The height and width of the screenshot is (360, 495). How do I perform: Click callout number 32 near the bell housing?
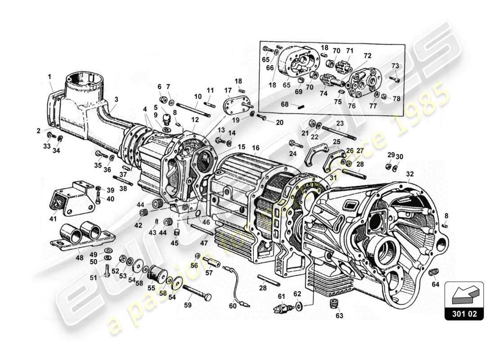click(409, 174)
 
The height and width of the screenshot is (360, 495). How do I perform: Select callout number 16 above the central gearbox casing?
click(256, 148)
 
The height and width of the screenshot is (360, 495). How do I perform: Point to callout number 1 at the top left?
click(50, 77)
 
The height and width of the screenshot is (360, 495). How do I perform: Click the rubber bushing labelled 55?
click(158, 274)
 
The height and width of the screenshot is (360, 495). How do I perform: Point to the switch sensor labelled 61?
click(282, 309)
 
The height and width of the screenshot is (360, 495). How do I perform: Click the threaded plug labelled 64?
click(435, 273)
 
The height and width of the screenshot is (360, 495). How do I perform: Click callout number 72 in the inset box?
click(368, 56)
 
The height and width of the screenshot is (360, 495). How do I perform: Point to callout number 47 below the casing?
click(204, 243)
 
